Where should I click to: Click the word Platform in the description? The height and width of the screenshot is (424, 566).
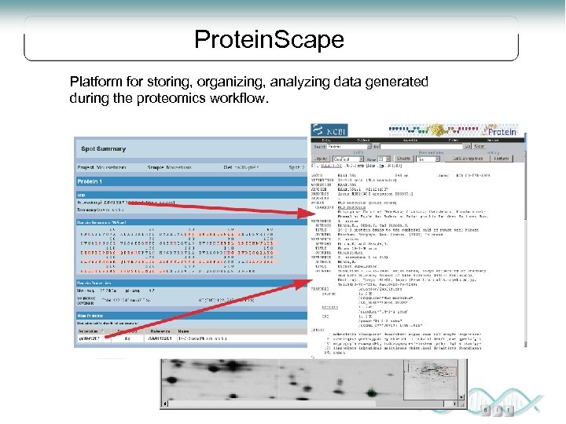coord(94,82)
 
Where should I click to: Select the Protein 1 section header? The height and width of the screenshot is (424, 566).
coord(100,181)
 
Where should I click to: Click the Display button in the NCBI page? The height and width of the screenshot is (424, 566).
coord(322,158)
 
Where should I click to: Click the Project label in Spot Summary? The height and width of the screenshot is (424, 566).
coord(86,166)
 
